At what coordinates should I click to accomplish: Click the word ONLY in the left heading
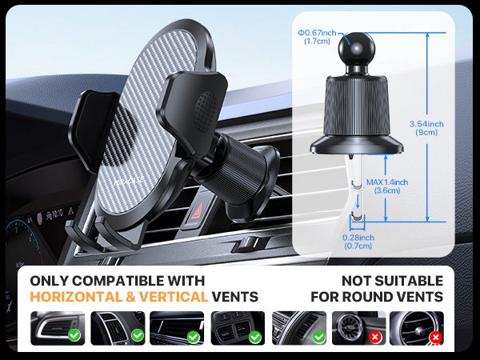coord(48,281)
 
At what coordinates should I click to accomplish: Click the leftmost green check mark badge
coord(74,336)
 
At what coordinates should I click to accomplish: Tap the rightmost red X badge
coord(435,338)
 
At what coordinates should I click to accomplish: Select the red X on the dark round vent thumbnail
coord(374,336)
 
